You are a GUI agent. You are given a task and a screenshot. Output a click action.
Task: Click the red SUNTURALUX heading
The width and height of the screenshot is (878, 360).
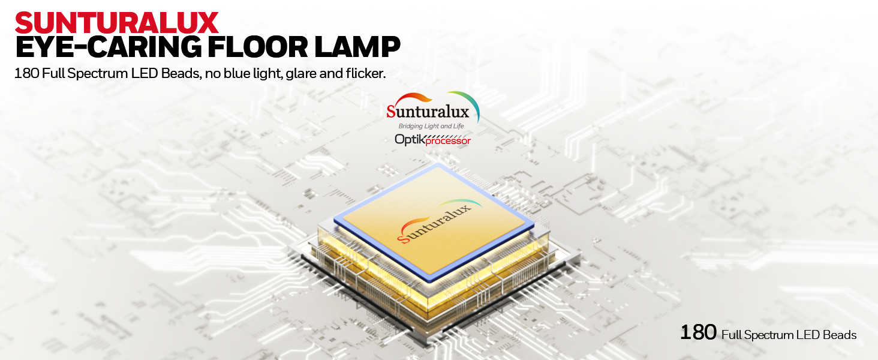click(116, 23)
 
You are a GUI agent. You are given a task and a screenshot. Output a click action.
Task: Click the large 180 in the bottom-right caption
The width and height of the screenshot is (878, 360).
click(699, 332)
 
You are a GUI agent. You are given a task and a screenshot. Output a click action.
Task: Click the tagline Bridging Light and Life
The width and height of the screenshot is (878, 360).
click(431, 126)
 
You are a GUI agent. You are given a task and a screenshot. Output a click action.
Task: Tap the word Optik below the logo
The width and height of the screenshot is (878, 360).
click(410, 139)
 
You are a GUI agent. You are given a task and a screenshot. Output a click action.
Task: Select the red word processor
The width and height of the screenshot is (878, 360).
click(449, 142)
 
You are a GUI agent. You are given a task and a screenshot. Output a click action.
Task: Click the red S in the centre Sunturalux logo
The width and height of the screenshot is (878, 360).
click(391, 112)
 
